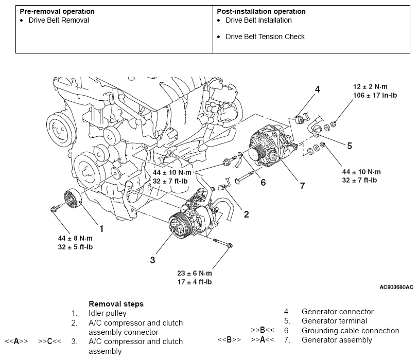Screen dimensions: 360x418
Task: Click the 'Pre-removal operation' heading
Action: [57, 11]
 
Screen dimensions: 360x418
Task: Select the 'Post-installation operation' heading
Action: [261, 11]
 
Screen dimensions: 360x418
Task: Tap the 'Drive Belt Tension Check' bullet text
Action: [265, 37]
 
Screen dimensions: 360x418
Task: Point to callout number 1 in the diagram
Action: [101, 228]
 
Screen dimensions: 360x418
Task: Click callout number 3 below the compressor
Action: [152, 260]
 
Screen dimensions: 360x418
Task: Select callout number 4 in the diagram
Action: [318, 89]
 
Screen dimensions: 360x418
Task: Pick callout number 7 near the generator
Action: [302, 186]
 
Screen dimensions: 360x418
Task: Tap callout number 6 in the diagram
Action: [263, 182]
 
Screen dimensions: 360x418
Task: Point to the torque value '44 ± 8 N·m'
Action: [75, 238]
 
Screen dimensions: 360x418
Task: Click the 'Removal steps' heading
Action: [116, 303]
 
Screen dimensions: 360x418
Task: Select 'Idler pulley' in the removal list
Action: [107, 313]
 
